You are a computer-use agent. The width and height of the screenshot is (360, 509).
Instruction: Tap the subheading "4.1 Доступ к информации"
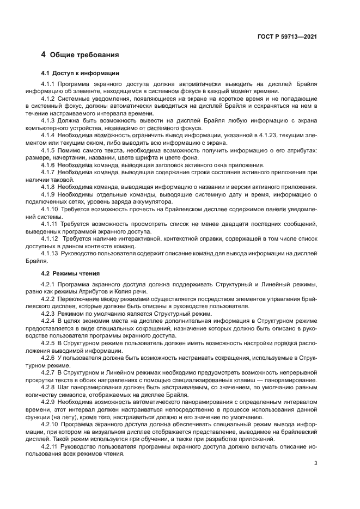[81, 73]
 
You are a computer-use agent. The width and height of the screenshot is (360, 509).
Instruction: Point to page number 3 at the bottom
[316, 464]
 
